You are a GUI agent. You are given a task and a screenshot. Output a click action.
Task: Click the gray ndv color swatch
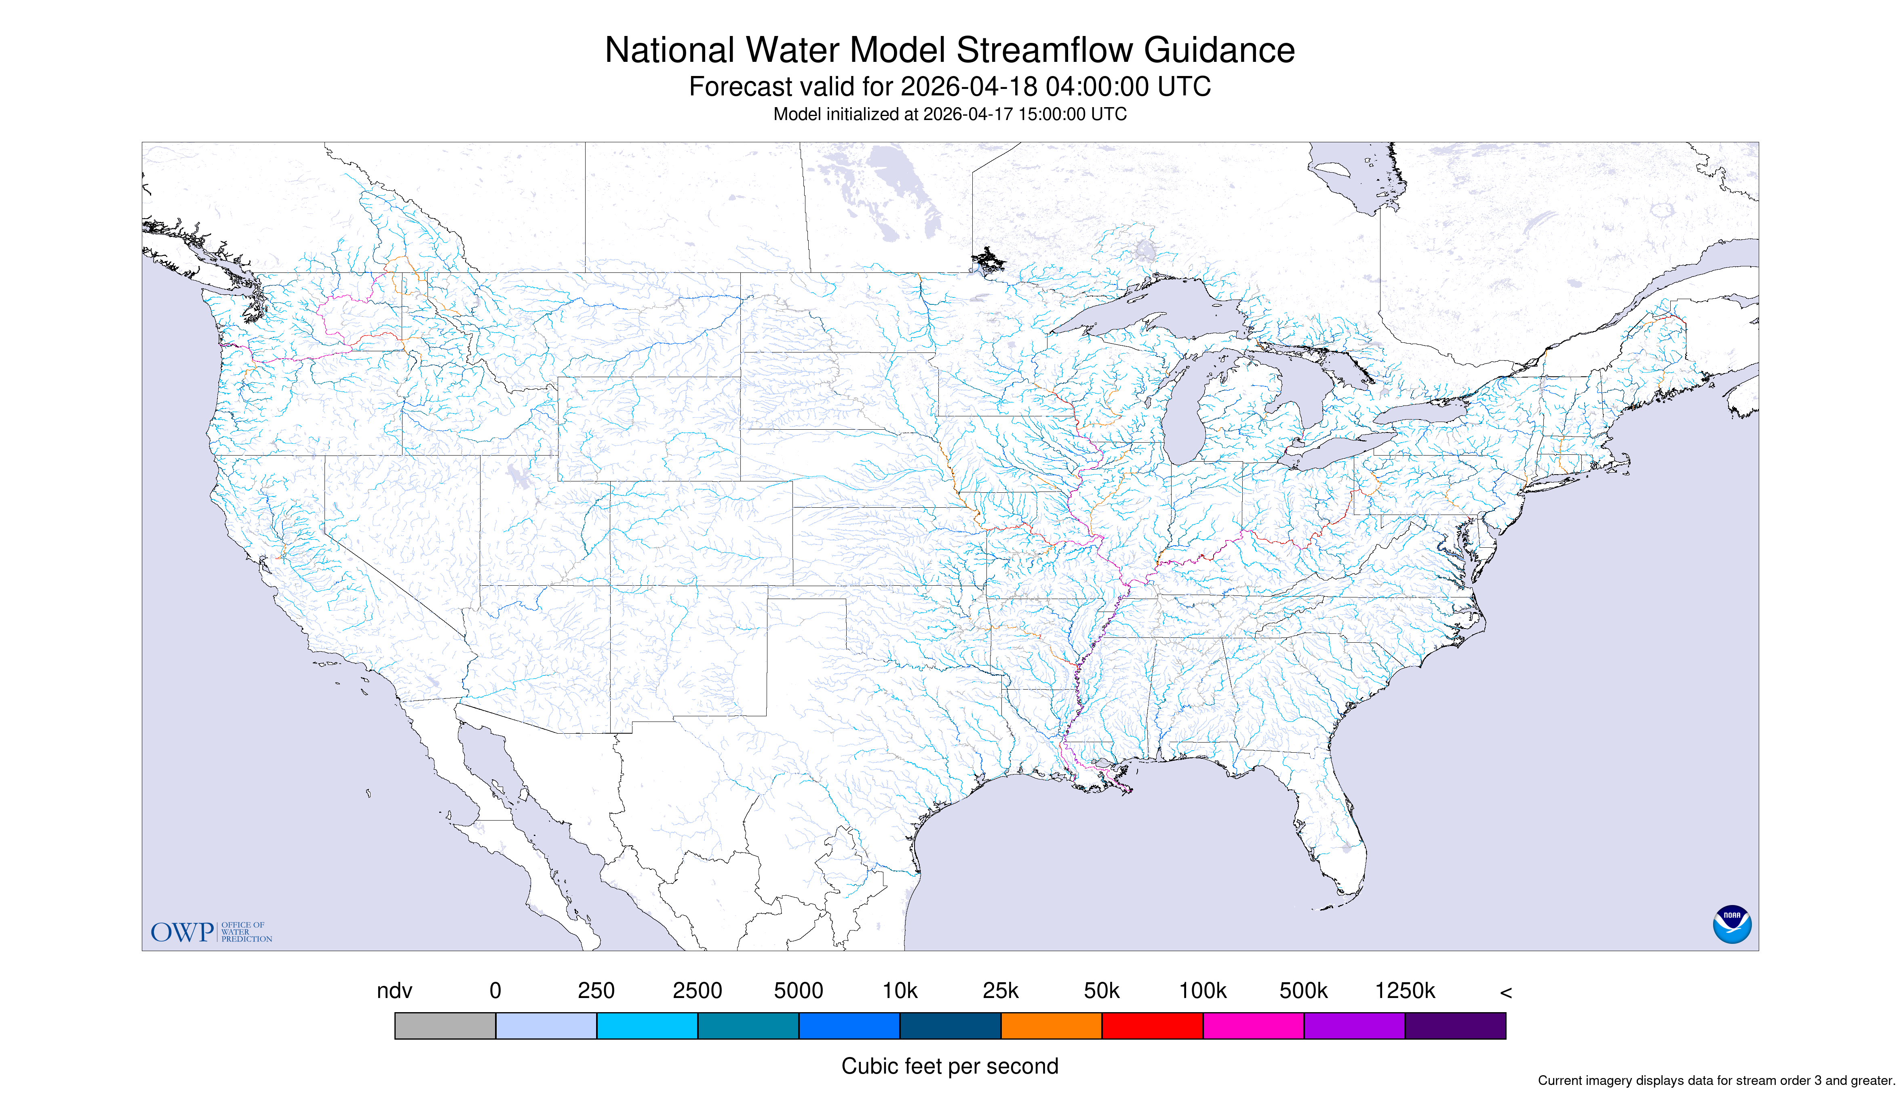coord(445,1025)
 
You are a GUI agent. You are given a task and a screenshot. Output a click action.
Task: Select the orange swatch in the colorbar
coord(1052,1025)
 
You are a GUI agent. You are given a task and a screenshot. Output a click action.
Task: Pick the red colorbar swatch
coord(1152,1025)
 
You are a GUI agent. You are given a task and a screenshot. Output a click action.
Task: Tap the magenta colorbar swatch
coord(1253,1025)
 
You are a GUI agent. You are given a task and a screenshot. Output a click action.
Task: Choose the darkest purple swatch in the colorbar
coord(1455,1025)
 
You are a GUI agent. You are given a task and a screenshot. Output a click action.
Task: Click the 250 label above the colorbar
coord(596,991)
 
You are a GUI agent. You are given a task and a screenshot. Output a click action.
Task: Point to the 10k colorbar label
coord(900,991)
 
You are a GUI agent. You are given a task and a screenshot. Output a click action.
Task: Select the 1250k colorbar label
coord(1405,991)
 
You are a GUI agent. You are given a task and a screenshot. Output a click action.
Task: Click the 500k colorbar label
coord(1304,991)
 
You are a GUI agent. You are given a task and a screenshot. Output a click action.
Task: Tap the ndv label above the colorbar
coord(395,991)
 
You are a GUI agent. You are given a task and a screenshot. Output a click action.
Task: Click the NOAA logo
coord(1732,924)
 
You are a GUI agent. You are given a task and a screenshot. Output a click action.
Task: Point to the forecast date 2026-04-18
coord(969,87)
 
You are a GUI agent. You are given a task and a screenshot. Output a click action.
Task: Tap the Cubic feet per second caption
coord(950,1066)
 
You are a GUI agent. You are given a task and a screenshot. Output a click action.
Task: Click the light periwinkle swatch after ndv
coord(546,1025)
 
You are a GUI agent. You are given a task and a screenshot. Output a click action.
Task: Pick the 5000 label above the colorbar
coord(799,991)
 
